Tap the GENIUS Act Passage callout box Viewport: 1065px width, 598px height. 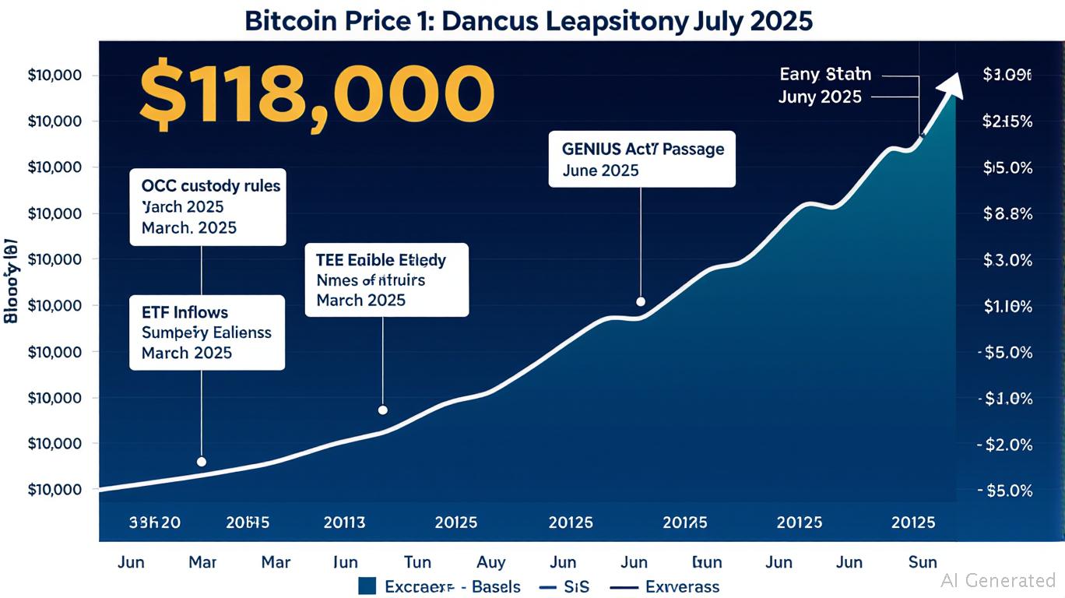point(641,159)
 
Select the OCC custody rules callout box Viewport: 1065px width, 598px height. point(207,206)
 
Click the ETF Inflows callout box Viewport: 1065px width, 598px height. point(206,332)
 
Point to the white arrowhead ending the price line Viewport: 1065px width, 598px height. point(953,81)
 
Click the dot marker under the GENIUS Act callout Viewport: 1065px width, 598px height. point(641,301)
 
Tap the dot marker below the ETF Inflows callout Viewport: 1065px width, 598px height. point(202,462)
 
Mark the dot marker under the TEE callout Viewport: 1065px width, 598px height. point(382,410)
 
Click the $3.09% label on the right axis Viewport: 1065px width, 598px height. point(1007,76)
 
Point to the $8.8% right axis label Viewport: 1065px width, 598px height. point(1007,214)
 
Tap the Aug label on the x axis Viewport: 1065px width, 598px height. point(490,561)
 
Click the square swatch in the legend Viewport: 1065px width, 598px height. point(368,586)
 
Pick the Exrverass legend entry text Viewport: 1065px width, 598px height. point(682,586)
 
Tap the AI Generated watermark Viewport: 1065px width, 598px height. point(998,580)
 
